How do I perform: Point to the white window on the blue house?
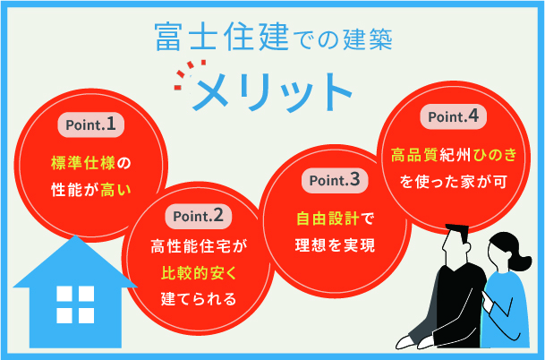pyautogui.click(x=74, y=304)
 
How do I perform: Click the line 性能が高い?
pyautogui.click(x=90, y=189)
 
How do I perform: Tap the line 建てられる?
pyautogui.click(x=199, y=297)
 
